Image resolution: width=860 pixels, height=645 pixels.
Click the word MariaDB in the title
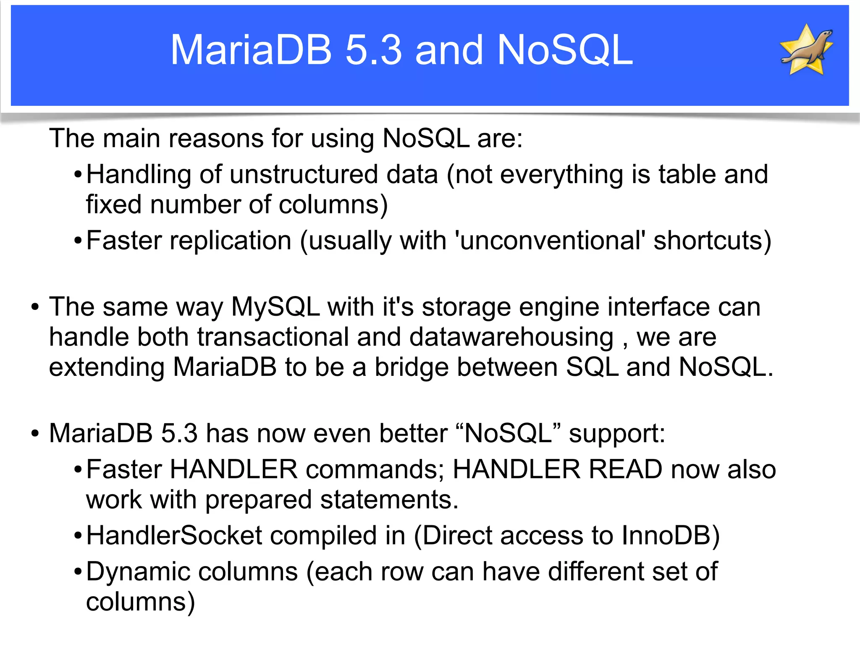point(251,50)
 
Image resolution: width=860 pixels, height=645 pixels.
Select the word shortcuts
point(712,241)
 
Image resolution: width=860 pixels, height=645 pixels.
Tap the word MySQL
point(276,307)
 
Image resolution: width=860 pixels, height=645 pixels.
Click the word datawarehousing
point(511,337)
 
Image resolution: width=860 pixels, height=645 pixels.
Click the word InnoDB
point(670,536)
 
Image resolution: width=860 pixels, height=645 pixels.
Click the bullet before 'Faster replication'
point(78,241)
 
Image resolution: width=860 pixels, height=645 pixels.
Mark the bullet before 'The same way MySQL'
point(35,307)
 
